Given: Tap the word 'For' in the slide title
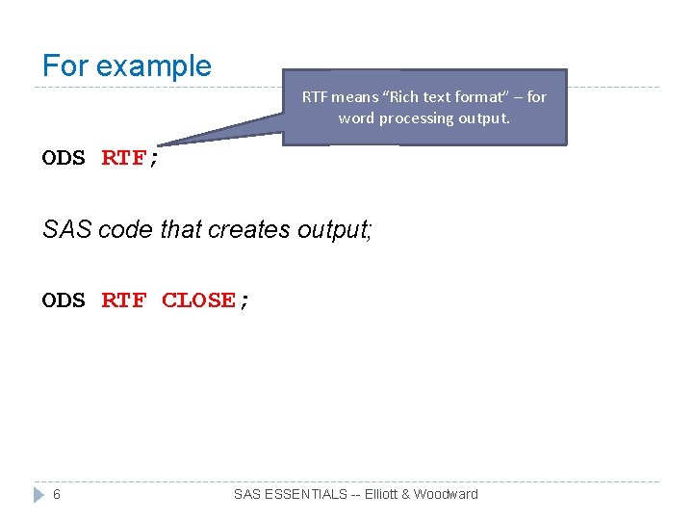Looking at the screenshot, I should [x=65, y=66].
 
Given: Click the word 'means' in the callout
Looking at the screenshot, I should [x=354, y=96].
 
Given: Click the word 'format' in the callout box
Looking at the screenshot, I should [x=479, y=96].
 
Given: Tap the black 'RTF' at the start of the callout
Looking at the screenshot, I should [x=315, y=96].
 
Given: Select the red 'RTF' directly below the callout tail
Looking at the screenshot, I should [x=123, y=159].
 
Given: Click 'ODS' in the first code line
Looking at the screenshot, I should [x=64, y=159].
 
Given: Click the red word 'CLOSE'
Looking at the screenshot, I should [x=198, y=300].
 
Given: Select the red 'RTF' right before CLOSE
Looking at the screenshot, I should [x=123, y=300].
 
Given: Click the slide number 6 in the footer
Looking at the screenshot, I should [x=57, y=494].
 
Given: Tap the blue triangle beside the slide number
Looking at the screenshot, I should [x=38, y=494].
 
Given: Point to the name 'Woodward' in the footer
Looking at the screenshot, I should [x=446, y=494].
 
